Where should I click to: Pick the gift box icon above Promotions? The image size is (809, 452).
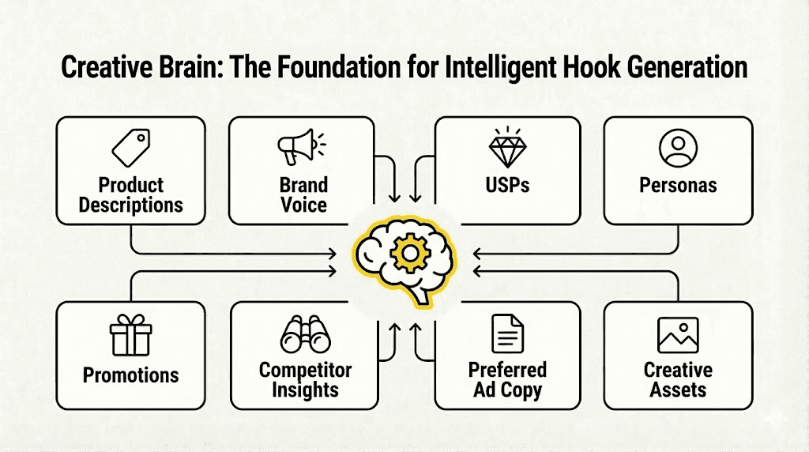coord(130,335)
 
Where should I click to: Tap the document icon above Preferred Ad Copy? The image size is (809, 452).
coord(507,333)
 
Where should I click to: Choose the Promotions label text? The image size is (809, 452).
coord(131,374)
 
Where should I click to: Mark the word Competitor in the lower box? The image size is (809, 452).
coord(305,370)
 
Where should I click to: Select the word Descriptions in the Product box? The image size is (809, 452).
coord(131,205)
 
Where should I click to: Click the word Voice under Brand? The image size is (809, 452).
coord(303,205)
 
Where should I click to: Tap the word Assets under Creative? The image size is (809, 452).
coord(678,390)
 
